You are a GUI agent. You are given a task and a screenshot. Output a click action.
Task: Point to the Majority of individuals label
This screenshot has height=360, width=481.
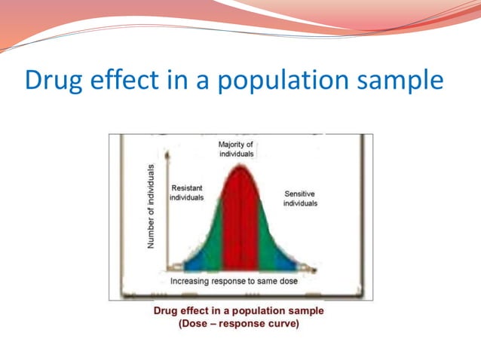(236, 148)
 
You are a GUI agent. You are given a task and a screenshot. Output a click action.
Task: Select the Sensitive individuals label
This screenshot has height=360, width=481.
(300, 198)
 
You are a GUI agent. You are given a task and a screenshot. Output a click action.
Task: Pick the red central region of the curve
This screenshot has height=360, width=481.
(240, 226)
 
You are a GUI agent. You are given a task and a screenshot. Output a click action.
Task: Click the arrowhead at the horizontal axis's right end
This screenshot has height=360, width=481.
(314, 269)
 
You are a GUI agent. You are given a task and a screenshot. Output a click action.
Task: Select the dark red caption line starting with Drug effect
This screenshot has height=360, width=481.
(238, 311)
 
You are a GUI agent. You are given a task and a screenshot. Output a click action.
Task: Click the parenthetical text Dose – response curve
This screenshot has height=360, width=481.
(238, 325)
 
